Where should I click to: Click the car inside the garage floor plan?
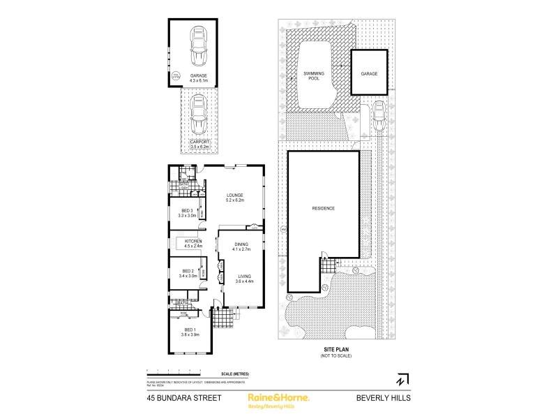[x=199, y=45]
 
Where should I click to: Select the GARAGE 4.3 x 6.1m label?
[x=199, y=78]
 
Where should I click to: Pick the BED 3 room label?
[x=186, y=214]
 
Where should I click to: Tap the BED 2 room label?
[x=188, y=273]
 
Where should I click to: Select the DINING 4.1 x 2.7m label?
[x=241, y=247]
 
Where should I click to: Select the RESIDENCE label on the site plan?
[x=323, y=208]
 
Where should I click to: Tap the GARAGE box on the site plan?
[x=368, y=73]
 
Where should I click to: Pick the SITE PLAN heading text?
[x=336, y=349]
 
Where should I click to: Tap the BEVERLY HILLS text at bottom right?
[x=384, y=397]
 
